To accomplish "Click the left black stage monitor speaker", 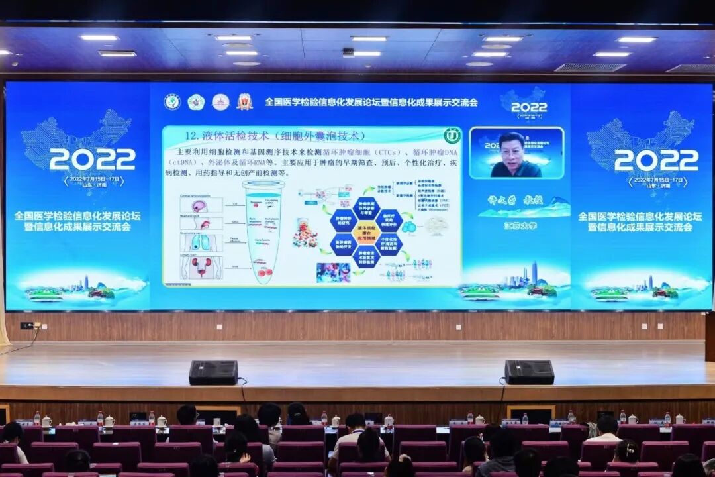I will coord(213,372).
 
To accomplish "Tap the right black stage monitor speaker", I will coord(529,372).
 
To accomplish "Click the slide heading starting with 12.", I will coord(275,136).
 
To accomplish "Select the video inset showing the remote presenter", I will coord(516,153).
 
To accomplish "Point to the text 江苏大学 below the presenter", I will coord(520,225).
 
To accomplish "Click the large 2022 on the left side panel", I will coord(92,159).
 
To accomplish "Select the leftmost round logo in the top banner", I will coord(172,101).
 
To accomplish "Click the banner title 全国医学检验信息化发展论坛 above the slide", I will coord(371,102).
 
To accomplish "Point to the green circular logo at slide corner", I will coord(452,135).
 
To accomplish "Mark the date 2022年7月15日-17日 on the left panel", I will coord(93,180).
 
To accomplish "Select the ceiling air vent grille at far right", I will coord(691,68).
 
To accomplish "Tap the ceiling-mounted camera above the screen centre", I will coord(348,52).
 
